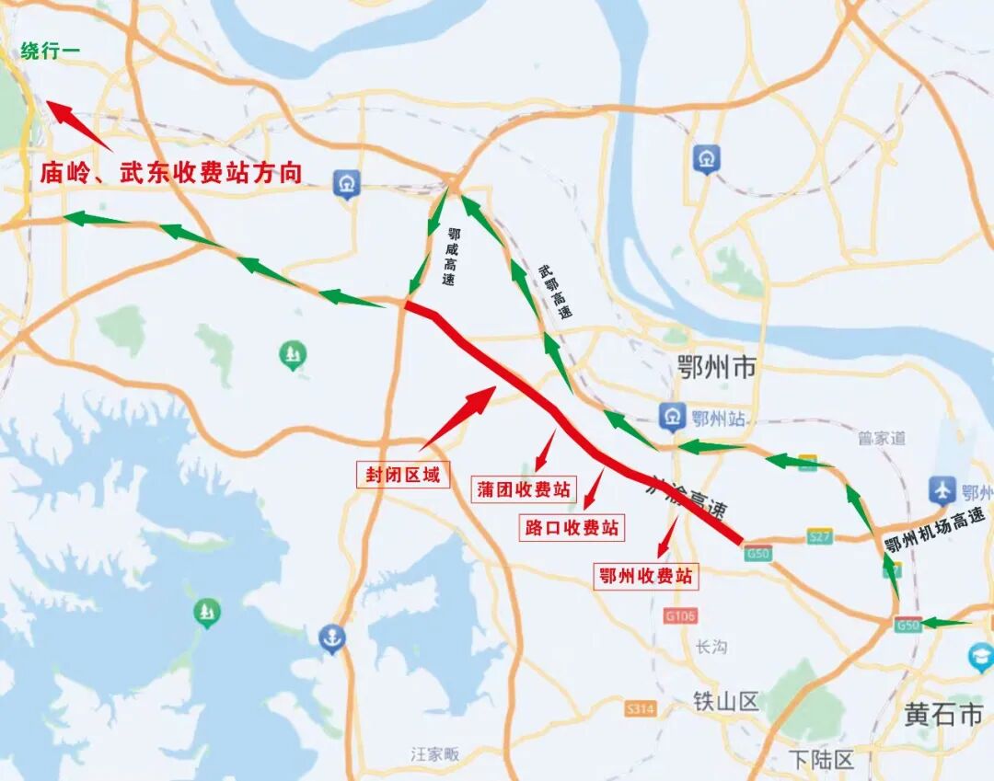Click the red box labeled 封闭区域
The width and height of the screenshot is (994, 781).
point(403,475)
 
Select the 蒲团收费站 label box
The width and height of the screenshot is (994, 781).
point(523,488)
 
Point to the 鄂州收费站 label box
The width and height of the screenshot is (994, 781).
point(645,576)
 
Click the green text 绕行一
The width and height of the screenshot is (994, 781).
point(50,52)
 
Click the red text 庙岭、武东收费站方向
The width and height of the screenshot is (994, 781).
point(171,173)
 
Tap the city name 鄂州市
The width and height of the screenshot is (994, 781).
point(716,369)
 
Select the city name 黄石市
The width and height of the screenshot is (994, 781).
point(943,713)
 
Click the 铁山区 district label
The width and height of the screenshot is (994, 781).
point(726,702)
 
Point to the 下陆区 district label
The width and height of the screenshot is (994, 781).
point(822,760)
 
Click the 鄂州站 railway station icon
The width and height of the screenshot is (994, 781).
point(673,417)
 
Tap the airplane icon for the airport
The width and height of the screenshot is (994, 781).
point(942,490)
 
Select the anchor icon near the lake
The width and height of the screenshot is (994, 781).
point(331,637)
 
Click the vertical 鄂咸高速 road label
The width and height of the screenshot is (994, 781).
point(451,257)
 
